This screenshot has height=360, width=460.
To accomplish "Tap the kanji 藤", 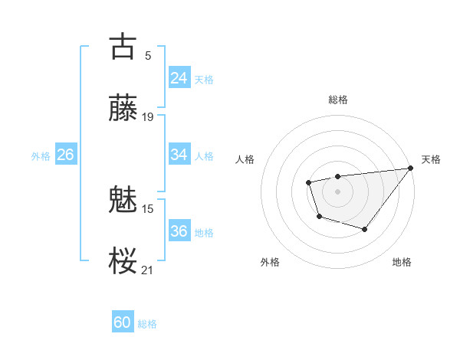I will (123, 108).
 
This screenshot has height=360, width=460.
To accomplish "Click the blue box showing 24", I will (179, 78).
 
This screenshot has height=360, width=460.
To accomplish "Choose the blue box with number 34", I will (179, 155).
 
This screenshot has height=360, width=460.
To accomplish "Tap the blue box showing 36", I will (179, 231).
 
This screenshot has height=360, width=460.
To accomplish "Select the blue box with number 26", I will (65, 155).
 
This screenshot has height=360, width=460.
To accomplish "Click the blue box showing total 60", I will (123, 322).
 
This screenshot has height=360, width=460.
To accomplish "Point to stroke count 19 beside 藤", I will (148, 117).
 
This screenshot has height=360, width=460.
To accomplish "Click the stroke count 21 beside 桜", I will (148, 270).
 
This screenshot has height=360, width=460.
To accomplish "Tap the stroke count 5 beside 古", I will (148, 55).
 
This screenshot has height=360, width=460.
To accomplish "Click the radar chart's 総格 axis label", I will (337, 100).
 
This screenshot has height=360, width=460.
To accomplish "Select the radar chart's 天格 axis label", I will (431, 159).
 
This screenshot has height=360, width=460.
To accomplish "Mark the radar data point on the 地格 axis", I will (365, 229).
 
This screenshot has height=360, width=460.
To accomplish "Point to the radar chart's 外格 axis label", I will (270, 262).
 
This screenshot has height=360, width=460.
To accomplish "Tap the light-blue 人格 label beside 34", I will (205, 155).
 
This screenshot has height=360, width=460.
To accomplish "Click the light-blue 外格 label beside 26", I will (41, 155).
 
